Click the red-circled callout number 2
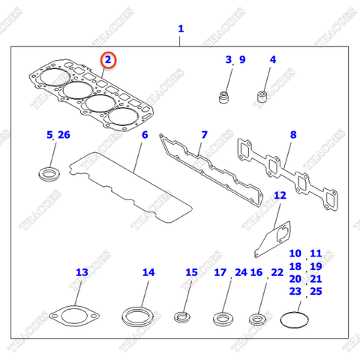pyautogui.click(x=109, y=59)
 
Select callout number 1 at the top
pyautogui.click(x=180, y=29)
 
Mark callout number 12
pyautogui.click(x=279, y=196)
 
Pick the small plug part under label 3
pyautogui.click(x=222, y=96)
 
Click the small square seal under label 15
pyautogui.click(x=184, y=315)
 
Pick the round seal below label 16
pyautogui.click(x=258, y=319)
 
